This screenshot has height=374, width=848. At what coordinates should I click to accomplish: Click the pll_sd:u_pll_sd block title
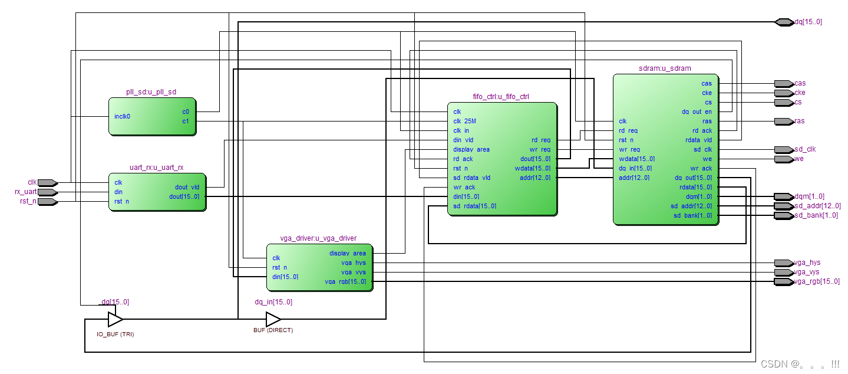point(151,92)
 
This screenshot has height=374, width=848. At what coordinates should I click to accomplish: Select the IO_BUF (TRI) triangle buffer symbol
point(115,320)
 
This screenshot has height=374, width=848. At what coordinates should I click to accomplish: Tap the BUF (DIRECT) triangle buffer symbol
point(273,320)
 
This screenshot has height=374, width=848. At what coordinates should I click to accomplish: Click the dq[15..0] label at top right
point(808,22)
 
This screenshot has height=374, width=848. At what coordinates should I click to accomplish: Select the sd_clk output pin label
point(805,149)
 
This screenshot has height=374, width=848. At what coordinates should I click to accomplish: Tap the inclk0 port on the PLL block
point(122,116)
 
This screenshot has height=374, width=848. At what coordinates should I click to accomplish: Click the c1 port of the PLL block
point(186,121)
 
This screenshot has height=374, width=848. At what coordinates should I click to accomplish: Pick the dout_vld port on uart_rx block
point(187,187)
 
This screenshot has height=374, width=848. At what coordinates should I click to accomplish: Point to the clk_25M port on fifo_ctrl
point(464,121)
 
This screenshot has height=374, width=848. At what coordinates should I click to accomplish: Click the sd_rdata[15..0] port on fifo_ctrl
point(474,206)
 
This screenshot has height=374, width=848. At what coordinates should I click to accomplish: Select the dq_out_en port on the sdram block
point(697,111)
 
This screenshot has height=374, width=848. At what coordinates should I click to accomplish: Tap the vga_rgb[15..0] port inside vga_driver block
point(345,281)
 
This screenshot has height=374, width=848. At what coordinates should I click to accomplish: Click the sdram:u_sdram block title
point(665,68)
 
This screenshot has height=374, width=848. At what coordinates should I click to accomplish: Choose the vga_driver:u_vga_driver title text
point(318,238)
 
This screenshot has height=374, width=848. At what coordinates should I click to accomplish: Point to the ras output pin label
point(799,121)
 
